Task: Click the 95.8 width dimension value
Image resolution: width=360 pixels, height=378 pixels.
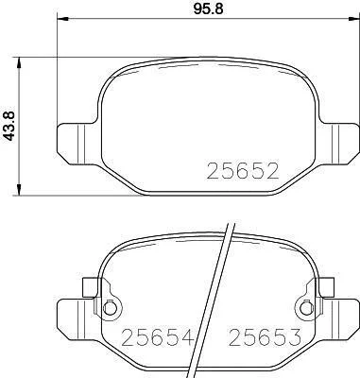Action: (208, 9)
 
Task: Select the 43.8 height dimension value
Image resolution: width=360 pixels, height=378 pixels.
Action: (9, 126)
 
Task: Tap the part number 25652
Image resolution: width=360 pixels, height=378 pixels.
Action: (243, 171)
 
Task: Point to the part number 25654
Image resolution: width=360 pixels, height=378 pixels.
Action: (157, 336)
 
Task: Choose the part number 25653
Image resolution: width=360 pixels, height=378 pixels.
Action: (265, 336)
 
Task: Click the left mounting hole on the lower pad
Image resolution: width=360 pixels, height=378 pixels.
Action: (109, 308)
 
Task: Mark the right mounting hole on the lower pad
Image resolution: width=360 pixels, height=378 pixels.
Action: (306, 308)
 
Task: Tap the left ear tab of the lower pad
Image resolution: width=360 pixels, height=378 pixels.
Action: (78, 319)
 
